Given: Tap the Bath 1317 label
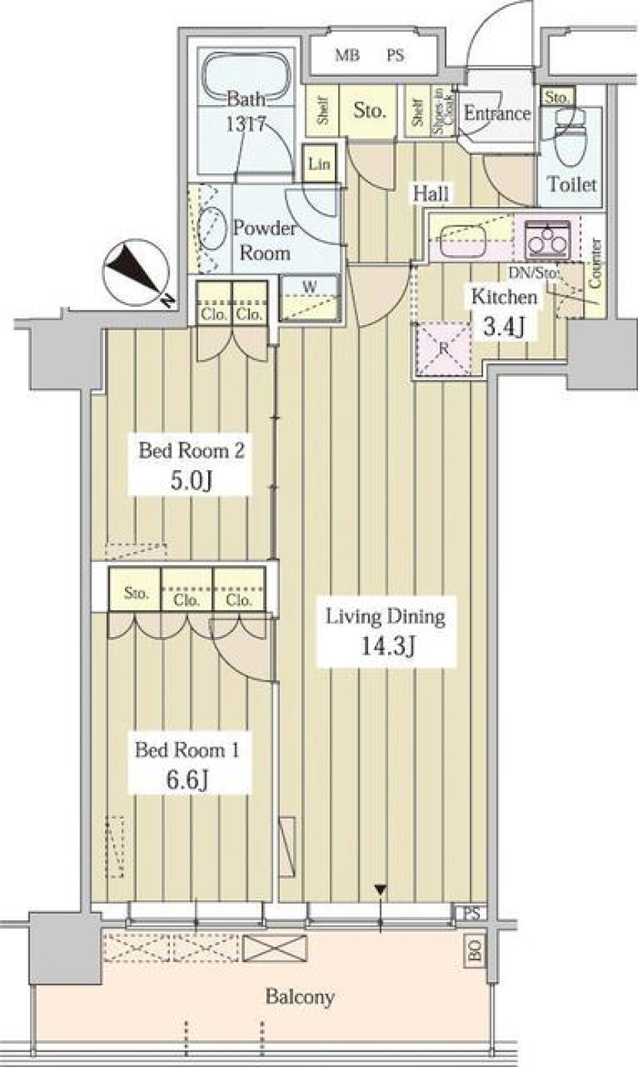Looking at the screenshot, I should click(246, 112).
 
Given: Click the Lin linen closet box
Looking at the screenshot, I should click(319, 164).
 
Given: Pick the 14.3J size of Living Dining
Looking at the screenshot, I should click(387, 646).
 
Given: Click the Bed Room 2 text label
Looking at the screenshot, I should click(191, 451).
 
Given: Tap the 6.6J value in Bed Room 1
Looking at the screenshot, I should click(188, 779).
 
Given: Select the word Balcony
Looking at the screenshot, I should click(300, 997).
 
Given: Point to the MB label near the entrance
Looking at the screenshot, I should click(347, 56).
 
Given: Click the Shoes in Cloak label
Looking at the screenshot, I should click(443, 112).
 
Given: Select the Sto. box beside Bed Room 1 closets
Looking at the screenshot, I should click(136, 593).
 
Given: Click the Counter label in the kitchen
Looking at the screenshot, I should click(595, 263).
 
